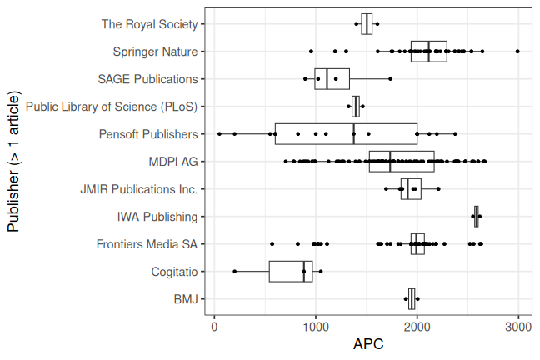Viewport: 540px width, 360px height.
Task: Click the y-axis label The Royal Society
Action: (150, 24)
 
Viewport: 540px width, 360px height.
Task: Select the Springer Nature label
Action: (156, 52)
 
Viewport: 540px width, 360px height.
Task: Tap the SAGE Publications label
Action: (147, 79)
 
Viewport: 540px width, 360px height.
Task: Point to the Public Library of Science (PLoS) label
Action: (112, 107)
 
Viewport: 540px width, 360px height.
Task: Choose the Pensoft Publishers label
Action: (148, 134)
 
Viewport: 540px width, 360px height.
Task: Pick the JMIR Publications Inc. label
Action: (139, 189)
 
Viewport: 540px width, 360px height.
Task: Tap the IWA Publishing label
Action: (157, 217)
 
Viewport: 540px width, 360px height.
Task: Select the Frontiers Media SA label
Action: (147, 244)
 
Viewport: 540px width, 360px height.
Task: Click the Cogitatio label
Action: (175, 272)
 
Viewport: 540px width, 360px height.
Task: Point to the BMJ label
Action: (186, 299)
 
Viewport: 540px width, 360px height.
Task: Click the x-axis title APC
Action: (368, 344)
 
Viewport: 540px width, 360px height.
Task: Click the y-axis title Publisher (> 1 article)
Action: (14, 162)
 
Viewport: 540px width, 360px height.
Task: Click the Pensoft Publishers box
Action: (346, 134)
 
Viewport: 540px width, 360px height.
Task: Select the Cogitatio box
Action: (291, 272)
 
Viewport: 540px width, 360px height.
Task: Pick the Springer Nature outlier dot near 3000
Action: (517, 52)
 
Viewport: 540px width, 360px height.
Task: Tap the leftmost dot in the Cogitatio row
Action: (235, 272)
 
